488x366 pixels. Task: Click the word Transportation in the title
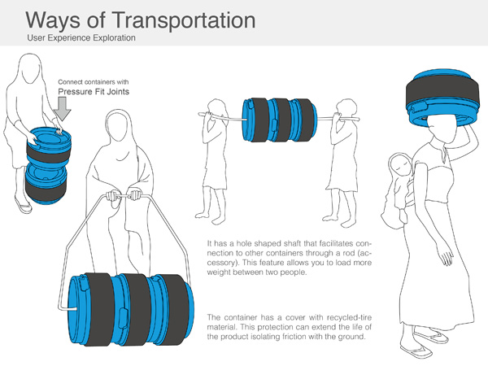183,20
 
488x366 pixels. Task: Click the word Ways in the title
53,21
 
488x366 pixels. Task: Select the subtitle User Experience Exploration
81,38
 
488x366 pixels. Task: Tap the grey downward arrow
63,109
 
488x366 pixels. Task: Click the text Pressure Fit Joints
94,91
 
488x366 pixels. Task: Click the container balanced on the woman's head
442,97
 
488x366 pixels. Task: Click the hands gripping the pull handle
122,196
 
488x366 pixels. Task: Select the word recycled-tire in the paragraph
349,317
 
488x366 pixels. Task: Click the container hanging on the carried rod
279,120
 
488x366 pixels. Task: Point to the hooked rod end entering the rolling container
68,309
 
